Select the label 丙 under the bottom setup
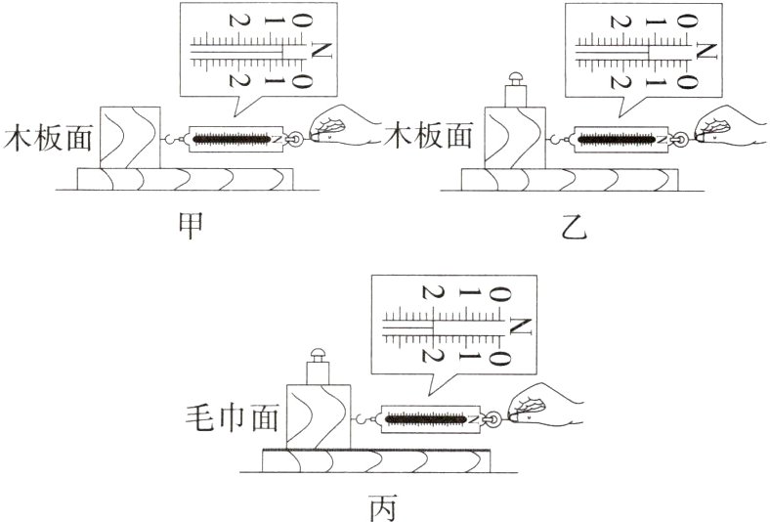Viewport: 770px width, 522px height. coord(384,507)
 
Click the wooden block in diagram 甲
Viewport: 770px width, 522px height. coord(127,138)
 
